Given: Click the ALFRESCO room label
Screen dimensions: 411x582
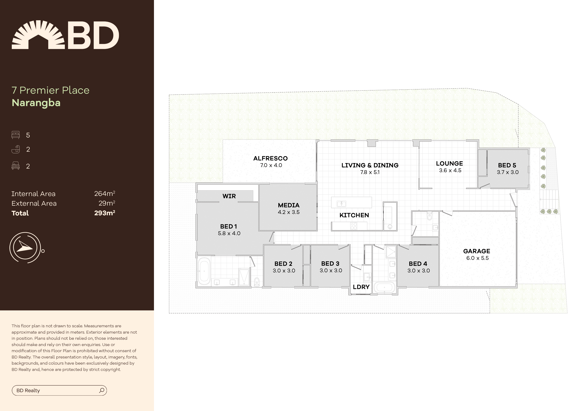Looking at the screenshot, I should (x=270, y=159).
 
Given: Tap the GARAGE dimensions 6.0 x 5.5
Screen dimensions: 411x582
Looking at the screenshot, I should (x=477, y=258).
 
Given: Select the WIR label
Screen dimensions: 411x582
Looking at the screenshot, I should (x=229, y=196).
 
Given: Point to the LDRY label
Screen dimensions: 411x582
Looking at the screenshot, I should (x=361, y=287).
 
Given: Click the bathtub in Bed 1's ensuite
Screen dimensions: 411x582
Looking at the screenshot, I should (x=204, y=271).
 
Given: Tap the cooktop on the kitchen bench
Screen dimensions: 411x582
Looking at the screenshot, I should (x=354, y=226).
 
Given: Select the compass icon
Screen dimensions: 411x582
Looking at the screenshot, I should (x=25, y=247).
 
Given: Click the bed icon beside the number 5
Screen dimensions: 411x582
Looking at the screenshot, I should (x=15, y=135).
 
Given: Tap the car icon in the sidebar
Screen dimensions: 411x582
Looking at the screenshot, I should (x=15, y=166).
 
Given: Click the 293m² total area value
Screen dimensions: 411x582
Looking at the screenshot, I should (x=104, y=213).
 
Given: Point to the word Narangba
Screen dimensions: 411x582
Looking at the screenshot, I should (x=36, y=103).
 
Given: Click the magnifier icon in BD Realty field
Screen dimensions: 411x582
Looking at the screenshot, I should (x=102, y=390).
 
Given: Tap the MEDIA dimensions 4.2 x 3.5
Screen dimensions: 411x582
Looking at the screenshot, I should (x=289, y=212).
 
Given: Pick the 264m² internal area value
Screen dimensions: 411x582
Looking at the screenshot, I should (x=104, y=194).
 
